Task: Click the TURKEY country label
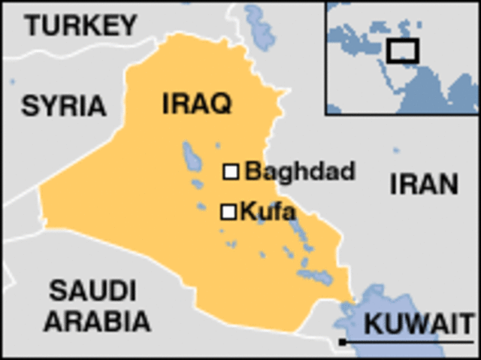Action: [81, 26]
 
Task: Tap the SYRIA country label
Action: [63, 106]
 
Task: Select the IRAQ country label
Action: [197, 104]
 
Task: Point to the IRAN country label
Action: [424, 184]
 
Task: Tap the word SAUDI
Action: [93, 290]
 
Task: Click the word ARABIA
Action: [96, 321]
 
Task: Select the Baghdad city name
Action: [300, 171]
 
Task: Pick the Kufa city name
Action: [267, 212]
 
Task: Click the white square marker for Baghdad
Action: [231, 172]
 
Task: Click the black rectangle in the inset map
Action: [403, 50]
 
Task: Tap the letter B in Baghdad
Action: [253, 171]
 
